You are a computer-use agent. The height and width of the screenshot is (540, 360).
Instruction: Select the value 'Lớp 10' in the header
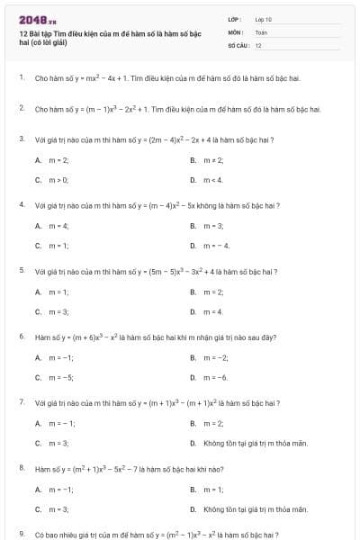pyautogui.click(x=264, y=19)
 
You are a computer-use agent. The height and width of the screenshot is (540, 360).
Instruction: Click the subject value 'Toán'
pyautogui.click(x=261, y=31)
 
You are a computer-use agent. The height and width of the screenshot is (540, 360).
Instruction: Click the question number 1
pyautogui.click(x=21, y=78)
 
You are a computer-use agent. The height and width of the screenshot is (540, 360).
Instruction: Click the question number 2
pyautogui.click(x=21, y=109)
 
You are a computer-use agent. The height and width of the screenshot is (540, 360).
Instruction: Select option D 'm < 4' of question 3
pyautogui.click(x=213, y=179)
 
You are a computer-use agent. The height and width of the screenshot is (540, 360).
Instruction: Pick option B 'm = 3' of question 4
pyautogui.click(x=213, y=225)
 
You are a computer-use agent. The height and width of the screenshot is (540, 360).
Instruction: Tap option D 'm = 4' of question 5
pyautogui.click(x=213, y=311)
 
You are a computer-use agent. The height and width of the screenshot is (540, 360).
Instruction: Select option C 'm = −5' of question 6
pyautogui.click(x=60, y=377)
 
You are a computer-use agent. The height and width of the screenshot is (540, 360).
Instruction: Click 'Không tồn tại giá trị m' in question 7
pyautogui.click(x=256, y=443)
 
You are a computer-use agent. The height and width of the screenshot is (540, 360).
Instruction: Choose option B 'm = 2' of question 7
pyautogui.click(x=213, y=423)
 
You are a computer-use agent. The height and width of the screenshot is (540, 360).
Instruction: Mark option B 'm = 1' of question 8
pyautogui.click(x=213, y=489)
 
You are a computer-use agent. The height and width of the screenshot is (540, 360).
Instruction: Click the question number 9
pyautogui.click(x=21, y=534)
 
